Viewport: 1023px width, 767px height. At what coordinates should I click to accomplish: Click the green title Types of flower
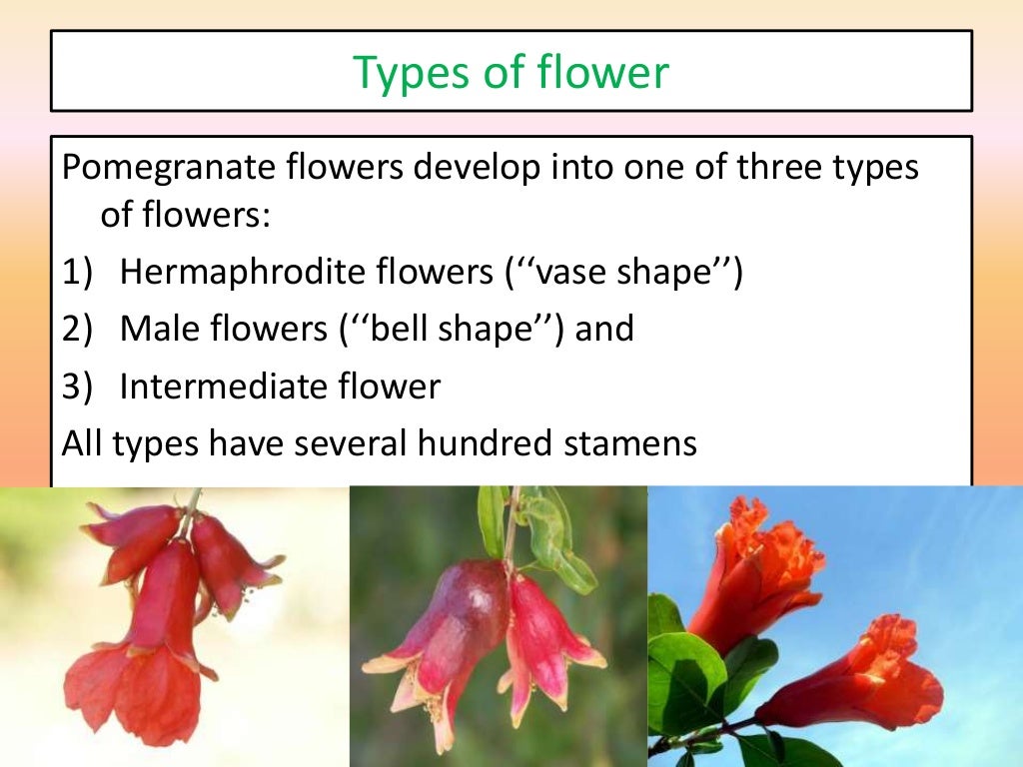point(511,72)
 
